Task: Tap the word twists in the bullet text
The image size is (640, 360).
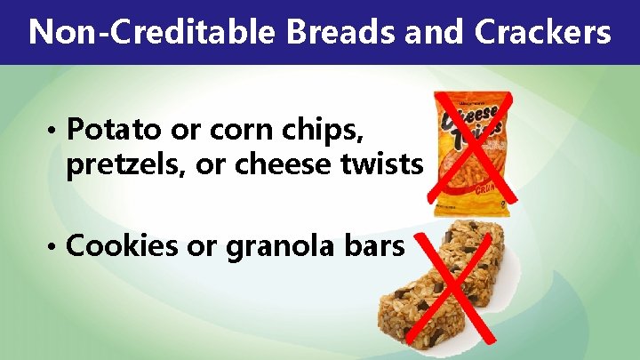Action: (380, 165)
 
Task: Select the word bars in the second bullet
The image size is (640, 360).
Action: (372, 245)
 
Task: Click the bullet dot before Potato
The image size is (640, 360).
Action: (55, 132)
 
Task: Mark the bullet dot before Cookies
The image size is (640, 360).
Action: (55, 247)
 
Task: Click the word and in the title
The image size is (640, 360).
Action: (429, 33)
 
